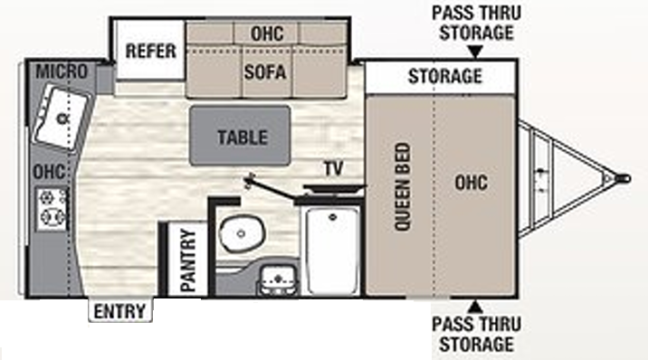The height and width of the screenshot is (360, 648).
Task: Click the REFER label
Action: click(150, 50)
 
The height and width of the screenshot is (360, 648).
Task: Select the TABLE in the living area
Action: click(241, 137)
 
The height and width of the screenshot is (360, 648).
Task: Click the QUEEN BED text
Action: click(403, 187)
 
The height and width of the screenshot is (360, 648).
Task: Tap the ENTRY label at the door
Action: click(119, 312)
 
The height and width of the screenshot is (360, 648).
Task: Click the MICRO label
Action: click(62, 71)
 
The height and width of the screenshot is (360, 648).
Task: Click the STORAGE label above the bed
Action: click(444, 75)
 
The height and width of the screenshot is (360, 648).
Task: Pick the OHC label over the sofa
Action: click(267, 33)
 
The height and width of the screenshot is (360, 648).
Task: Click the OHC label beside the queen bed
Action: click(471, 183)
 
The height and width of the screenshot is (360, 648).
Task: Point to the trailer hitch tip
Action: click(623, 175)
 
